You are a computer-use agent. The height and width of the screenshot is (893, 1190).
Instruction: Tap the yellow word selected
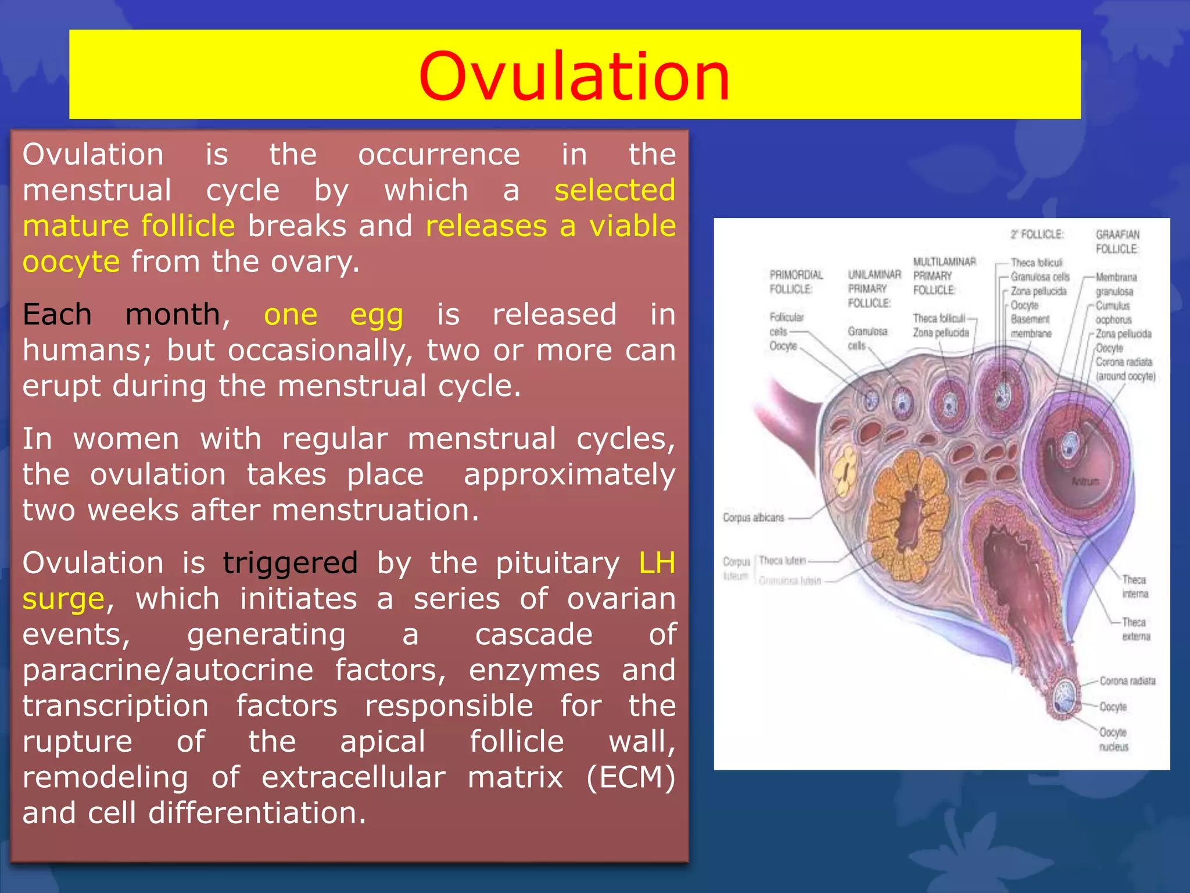point(615,191)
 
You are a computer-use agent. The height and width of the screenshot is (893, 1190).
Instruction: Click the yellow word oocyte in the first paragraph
point(71,262)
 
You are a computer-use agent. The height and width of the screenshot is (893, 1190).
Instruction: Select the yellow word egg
point(377,316)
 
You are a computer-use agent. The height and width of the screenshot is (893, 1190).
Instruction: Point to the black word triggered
point(290,563)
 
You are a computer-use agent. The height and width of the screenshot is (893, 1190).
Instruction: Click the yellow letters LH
point(657,563)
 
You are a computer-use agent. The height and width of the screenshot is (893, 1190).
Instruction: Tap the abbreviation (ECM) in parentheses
point(630,777)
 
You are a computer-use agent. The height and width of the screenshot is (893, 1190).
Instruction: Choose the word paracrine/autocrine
point(168,670)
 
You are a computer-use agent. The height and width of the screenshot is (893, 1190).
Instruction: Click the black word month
point(173,315)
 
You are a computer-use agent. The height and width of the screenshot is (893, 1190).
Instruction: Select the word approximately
point(569,474)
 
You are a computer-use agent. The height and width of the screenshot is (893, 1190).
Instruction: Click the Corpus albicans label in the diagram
point(753,517)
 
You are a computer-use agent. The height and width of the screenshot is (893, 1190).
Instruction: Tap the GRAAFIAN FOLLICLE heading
point(1117,242)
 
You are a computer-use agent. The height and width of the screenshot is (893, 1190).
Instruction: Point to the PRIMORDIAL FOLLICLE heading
point(795,282)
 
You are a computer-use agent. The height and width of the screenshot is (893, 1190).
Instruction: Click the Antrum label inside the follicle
point(1085,481)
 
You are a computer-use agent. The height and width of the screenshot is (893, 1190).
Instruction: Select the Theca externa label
point(1136,629)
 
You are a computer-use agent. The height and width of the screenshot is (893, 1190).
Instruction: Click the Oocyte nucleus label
point(1113,739)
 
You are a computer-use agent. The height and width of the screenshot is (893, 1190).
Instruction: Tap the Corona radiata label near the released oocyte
point(1127,681)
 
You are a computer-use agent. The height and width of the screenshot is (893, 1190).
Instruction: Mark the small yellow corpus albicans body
point(844,471)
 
